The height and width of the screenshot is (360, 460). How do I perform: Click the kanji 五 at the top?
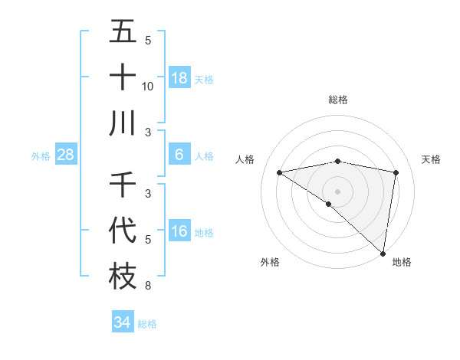pyautogui.click(x=123, y=32)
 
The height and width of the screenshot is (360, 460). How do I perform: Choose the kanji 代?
pyautogui.click(x=123, y=231)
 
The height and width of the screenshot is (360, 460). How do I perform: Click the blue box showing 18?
pyautogui.click(x=179, y=78)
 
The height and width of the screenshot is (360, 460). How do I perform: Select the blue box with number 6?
pyautogui.click(x=179, y=155)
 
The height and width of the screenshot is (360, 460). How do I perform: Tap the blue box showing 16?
pyautogui.click(x=179, y=231)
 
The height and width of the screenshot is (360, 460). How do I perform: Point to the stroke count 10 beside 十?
pyautogui.click(x=148, y=87)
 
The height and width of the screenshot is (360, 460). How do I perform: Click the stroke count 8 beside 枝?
pyautogui.click(x=147, y=286)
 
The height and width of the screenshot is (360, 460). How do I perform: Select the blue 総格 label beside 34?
pyautogui.click(x=147, y=324)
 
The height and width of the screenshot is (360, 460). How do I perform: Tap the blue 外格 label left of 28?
pyautogui.click(x=41, y=156)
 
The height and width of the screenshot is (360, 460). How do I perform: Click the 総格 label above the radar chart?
pyautogui.click(x=338, y=100)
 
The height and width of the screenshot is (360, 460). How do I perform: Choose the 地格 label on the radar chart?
pyautogui.click(x=402, y=263)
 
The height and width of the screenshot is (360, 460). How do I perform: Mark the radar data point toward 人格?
pyautogui.click(x=280, y=172)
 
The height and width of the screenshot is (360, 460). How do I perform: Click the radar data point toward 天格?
pyautogui.click(x=396, y=172)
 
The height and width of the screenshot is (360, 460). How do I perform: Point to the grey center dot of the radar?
pyautogui.click(x=337, y=191)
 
